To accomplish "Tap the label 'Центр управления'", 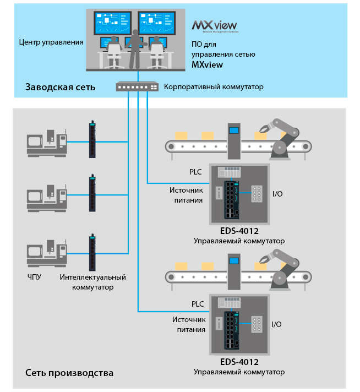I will [51, 42].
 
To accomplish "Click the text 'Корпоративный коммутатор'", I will [214, 87].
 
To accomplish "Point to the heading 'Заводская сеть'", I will [60, 87].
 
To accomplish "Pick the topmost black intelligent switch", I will [91, 140].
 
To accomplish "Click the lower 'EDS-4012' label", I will [239, 362].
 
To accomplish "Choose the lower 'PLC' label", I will [198, 303].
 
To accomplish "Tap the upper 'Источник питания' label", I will [188, 195].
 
